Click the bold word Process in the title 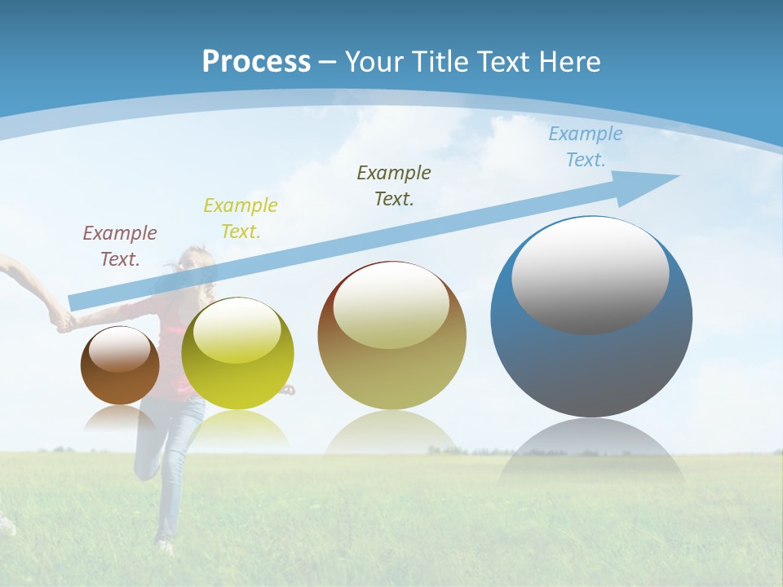click(x=256, y=61)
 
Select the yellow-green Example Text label click(x=241, y=218)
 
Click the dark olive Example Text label click(x=394, y=185)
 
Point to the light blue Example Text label click(x=585, y=147)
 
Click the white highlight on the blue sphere click(x=590, y=275)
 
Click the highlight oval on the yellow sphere click(x=237, y=331)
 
